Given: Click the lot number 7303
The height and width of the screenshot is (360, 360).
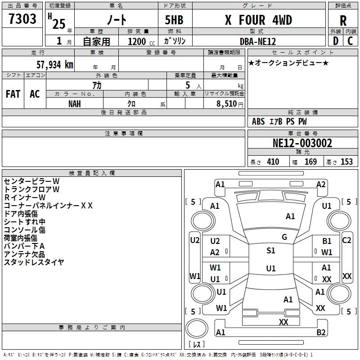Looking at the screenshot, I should (x=22, y=20).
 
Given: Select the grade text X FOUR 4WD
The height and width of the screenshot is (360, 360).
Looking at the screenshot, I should (x=258, y=20).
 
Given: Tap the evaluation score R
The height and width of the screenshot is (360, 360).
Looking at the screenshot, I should (x=343, y=21).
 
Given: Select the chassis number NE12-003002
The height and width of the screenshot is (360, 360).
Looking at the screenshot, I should (x=302, y=144).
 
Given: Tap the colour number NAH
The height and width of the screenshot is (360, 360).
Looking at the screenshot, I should (x=75, y=103).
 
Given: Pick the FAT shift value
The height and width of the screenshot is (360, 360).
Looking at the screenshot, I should (x=13, y=94).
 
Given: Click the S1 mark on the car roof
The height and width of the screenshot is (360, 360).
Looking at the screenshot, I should (x=270, y=251).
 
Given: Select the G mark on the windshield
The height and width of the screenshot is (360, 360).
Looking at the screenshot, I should (x=284, y=237).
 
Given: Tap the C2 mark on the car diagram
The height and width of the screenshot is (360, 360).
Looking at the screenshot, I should (x=346, y=240).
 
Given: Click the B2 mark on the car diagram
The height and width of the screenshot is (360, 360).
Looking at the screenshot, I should (x=321, y=333).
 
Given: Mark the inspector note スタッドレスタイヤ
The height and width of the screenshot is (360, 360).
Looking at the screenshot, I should (x=34, y=262).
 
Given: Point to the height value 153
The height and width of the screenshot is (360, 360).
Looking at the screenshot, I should (x=346, y=162).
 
